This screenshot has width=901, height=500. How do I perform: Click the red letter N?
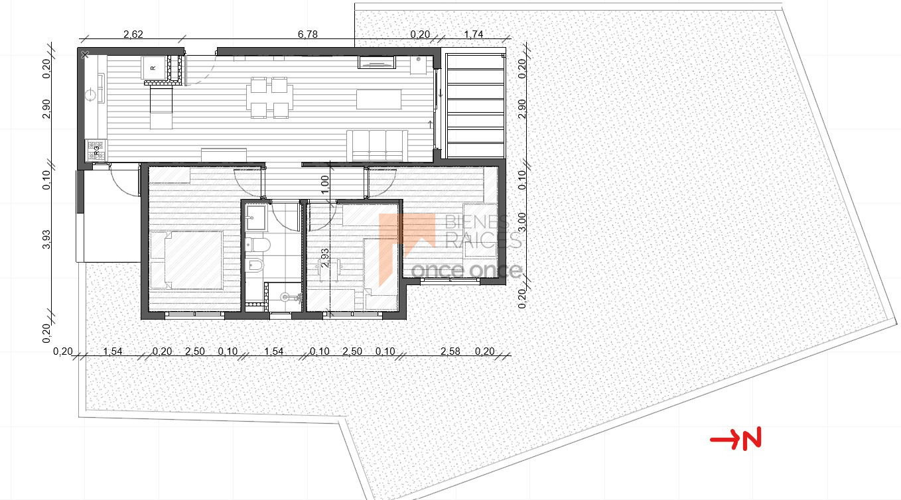(x=752, y=438)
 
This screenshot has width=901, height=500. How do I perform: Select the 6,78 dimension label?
(x=308, y=34)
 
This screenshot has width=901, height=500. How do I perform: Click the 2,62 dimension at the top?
(x=133, y=34)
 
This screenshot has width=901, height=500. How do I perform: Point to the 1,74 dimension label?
(x=474, y=34)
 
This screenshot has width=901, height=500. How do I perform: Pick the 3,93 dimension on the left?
(x=46, y=239)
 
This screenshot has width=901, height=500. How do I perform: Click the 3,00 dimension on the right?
(x=521, y=222)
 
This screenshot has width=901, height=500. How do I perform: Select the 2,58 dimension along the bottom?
(x=450, y=351)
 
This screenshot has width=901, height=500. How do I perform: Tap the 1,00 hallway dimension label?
(x=325, y=184)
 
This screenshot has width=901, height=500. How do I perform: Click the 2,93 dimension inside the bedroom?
(x=325, y=258)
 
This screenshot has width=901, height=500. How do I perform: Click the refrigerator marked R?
(x=153, y=68)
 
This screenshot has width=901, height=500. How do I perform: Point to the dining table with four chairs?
(x=269, y=98)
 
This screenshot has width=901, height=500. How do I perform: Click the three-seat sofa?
(x=377, y=145)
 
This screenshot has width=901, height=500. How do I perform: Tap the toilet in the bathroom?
(x=257, y=245)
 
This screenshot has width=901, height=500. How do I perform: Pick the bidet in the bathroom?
(x=255, y=265)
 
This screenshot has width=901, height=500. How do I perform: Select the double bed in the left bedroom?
(x=186, y=260)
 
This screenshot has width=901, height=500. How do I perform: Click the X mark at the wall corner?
(x=84, y=54)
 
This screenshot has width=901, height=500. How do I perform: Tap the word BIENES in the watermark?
(x=477, y=222)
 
